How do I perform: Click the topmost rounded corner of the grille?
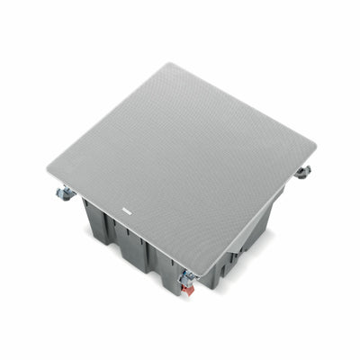168,65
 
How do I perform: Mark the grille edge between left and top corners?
108,115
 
